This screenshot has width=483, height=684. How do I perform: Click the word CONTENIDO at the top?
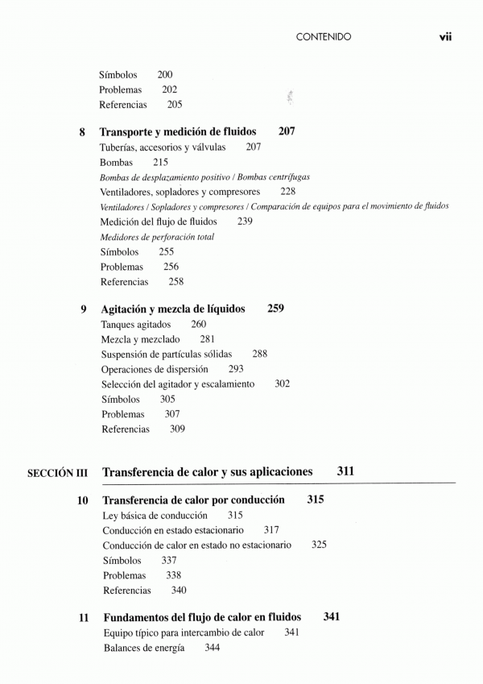pyautogui.click(x=324, y=37)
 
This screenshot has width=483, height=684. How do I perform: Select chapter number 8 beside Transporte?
pyautogui.click(x=82, y=132)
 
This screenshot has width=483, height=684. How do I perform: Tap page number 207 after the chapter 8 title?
pyautogui.click(x=287, y=131)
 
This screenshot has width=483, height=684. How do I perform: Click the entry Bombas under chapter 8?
pyautogui.click(x=116, y=162)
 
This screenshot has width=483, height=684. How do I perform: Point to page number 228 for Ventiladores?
pyautogui.click(x=287, y=192)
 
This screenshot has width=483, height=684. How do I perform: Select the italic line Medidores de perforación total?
pyautogui.click(x=157, y=237)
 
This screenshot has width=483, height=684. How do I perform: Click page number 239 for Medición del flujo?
pyautogui.click(x=246, y=222)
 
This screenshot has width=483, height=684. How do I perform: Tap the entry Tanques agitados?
pyautogui.click(x=136, y=324)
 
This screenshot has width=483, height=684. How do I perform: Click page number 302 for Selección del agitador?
pyautogui.click(x=282, y=384)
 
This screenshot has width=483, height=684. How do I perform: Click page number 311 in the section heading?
pyautogui.click(x=345, y=471)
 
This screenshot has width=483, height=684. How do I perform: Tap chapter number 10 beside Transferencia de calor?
pyautogui.click(x=82, y=501)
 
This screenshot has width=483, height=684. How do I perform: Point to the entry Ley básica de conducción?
pyautogui.click(x=155, y=516)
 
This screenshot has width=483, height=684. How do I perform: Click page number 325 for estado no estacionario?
pyautogui.click(x=319, y=545)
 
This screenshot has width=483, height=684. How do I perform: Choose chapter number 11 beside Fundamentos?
pyautogui.click(x=83, y=619)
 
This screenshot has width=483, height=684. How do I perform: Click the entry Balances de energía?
pyautogui.click(x=143, y=648)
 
